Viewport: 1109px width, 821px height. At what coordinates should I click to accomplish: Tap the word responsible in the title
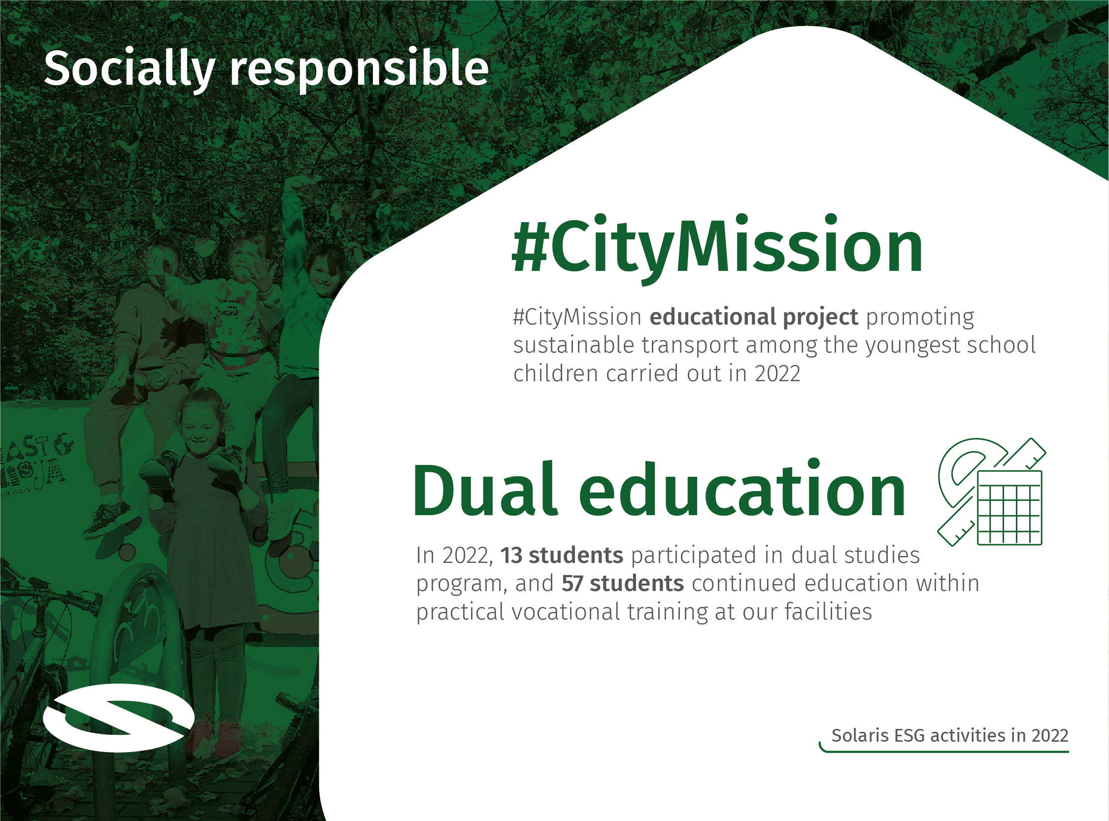click(359, 69)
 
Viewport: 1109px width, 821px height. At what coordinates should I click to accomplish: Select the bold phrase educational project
click(754, 317)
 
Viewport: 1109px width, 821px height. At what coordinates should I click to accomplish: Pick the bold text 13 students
click(561, 555)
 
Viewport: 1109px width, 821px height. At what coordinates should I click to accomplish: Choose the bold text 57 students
click(622, 584)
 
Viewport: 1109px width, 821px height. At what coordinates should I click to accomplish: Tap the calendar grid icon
click(1009, 507)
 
